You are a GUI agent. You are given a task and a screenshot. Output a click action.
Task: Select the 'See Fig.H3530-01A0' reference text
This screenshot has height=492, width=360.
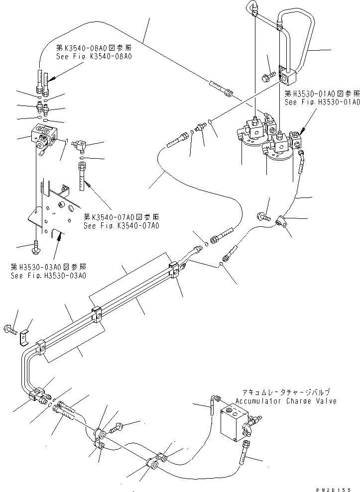(322, 101)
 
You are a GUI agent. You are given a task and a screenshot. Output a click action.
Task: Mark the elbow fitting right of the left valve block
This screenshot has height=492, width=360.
(79, 146)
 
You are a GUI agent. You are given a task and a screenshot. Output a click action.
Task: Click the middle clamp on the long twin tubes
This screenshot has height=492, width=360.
(97, 316)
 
